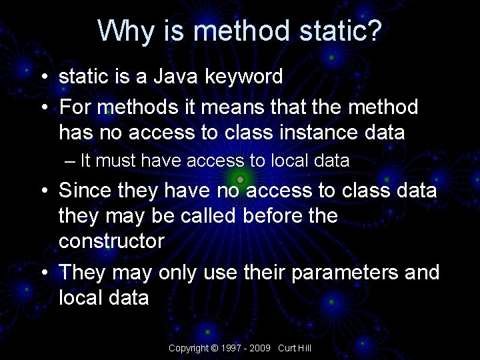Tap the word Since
85,191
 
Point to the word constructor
111,241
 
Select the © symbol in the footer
215,349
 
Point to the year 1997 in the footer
231,349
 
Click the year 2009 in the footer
261,349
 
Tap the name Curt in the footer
287,349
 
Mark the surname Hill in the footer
304,349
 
